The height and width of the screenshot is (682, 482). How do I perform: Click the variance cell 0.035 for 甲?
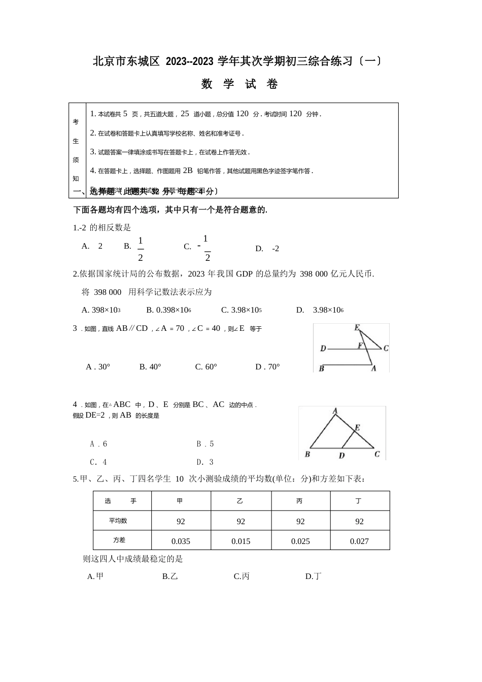tap(181, 541)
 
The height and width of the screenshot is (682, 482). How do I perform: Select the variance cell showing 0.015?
tap(240, 541)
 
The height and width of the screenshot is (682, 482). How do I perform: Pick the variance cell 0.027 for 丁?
tap(359, 541)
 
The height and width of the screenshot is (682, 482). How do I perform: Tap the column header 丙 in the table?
tap(299, 501)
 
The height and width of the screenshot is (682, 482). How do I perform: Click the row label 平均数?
tap(118, 521)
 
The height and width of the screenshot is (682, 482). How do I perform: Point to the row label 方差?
tap(119, 540)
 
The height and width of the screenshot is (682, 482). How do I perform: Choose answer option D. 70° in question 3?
tap(267, 366)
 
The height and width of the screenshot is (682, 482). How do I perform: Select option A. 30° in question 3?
tap(98, 366)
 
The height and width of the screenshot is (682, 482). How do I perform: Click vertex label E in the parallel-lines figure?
tap(357, 328)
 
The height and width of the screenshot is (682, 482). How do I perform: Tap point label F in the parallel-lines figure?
tap(360, 346)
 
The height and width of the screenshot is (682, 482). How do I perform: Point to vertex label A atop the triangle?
tap(335, 411)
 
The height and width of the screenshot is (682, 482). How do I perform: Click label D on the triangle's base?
tap(341, 456)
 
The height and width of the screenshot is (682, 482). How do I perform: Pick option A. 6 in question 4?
tap(98, 444)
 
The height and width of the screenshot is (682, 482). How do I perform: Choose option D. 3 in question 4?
tap(205, 462)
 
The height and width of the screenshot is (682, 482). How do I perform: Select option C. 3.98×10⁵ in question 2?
tap(242, 310)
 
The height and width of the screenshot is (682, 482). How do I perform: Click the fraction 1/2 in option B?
tap(140, 248)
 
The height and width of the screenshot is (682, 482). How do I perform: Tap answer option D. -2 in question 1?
tap(267, 249)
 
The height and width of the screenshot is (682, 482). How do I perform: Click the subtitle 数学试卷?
tap(240, 84)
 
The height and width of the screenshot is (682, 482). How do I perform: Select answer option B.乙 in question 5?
tap(170, 576)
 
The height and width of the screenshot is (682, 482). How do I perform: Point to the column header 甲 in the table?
tap(180, 501)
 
